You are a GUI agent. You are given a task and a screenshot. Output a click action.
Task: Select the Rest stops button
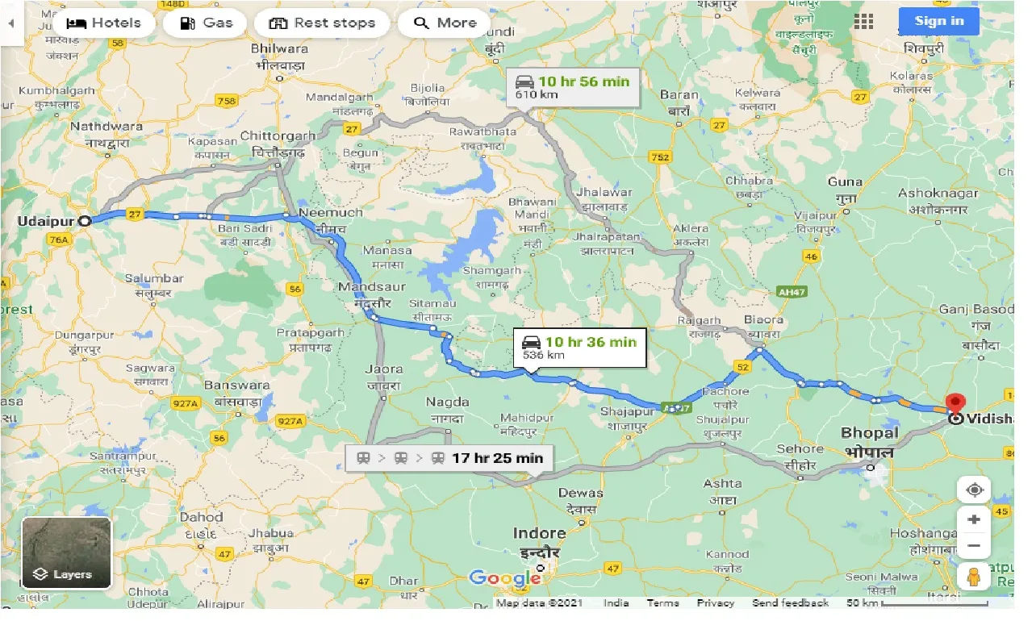(x=322, y=23)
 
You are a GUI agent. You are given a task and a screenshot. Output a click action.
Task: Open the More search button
(x=444, y=23)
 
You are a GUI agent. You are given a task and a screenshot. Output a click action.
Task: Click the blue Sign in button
(x=939, y=21)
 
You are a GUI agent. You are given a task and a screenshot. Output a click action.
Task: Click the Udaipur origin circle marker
(x=84, y=220)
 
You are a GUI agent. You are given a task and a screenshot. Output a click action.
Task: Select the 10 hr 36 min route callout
(x=579, y=348)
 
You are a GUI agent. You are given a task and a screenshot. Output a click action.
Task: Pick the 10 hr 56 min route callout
(x=573, y=87)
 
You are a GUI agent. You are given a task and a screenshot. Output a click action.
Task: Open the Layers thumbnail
(x=66, y=553)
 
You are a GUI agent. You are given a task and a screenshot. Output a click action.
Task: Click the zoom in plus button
(x=974, y=519)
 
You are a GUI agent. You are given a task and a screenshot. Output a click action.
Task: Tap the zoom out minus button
(x=974, y=546)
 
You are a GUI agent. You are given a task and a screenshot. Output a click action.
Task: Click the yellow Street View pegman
(x=974, y=576)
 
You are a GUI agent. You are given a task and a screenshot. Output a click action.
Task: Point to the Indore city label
(x=539, y=533)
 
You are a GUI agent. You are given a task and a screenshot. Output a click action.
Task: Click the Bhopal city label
(x=870, y=433)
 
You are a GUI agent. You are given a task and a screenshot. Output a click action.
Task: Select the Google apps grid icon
(x=863, y=22)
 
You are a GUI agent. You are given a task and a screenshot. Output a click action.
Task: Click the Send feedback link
(x=790, y=603)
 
